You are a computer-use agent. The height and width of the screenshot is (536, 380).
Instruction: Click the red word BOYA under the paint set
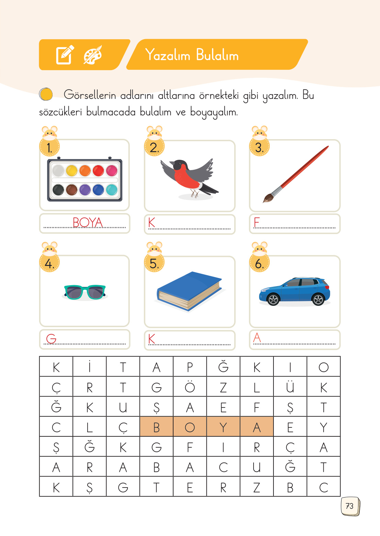(88, 223)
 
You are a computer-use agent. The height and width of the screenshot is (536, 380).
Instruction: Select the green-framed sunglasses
(85, 292)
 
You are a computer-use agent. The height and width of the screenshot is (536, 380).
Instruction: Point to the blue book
(189, 291)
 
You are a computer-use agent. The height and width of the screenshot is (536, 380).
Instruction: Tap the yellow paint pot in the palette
(71, 170)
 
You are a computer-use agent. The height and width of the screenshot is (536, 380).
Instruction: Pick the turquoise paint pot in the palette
(112, 189)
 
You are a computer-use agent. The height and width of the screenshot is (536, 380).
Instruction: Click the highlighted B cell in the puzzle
(156, 427)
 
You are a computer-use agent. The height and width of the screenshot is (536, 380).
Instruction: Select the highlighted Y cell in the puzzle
(223, 427)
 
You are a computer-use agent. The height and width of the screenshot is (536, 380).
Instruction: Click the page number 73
(349, 506)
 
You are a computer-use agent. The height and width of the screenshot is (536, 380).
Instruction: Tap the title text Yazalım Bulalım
(192, 55)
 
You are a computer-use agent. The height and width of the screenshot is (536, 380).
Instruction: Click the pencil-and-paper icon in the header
(65, 55)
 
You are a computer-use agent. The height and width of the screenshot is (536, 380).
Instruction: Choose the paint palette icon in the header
(92, 55)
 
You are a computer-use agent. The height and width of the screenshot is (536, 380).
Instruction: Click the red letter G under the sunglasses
(51, 339)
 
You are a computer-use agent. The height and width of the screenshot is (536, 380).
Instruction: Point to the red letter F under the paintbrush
(256, 223)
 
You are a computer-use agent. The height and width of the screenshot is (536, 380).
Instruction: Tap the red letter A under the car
(257, 338)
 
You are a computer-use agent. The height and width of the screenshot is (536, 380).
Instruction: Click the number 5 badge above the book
(154, 264)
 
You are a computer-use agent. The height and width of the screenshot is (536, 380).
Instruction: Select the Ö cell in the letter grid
(190, 387)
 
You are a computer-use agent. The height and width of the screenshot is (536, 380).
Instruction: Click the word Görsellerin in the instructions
(90, 95)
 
